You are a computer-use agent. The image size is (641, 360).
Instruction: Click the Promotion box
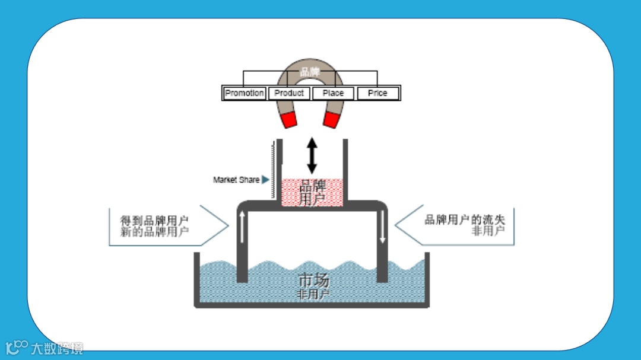click(x=245, y=93)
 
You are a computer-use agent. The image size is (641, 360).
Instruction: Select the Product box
click(x=289, y=93)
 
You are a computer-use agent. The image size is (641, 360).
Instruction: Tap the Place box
click(x=333, y=93)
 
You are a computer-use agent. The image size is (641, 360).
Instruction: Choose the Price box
click(x=377, y=93)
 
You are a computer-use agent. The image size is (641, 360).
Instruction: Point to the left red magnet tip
click(x=289, y=120)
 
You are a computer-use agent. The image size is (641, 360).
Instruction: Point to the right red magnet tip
click(x=331, y=120)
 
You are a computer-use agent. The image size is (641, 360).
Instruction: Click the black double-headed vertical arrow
click(x=312, y=155)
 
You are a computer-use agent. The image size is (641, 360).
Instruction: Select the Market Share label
click(x=236, y=180)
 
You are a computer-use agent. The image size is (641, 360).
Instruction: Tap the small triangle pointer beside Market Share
click(x=265, y=180)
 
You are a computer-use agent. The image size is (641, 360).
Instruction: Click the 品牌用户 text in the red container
click(x=313, y=193)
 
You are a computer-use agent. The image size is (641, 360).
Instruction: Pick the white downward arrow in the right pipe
click(x=382, y=228)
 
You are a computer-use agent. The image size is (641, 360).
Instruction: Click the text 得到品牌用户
click(x=154, y=220)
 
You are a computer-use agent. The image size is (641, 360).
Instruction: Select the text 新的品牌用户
click(x=154, y=232)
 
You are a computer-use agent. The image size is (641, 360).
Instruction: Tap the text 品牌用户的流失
click(x=465, y=219)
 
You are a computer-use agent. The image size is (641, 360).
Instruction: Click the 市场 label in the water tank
click(x=313, y=280)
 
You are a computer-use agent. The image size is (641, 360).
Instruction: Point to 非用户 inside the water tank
click(x=313, y=294)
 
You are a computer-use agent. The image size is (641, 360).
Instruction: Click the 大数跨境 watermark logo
click(x=45, y=347)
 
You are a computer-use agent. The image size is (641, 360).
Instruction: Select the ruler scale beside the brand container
click(x=274, y=169)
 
